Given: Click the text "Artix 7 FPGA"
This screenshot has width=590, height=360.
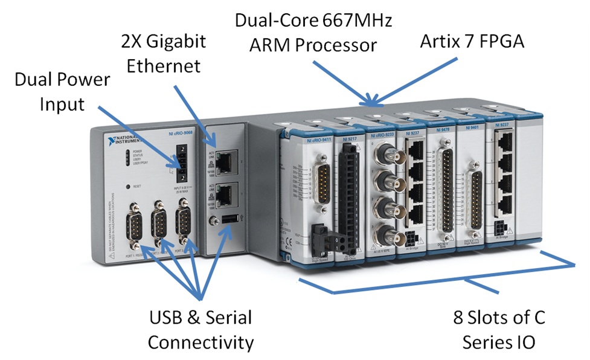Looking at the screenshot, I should pos(472,41).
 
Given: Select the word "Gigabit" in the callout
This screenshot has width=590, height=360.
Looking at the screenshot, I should pos(178,41).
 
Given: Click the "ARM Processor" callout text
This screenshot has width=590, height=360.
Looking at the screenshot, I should pos(314,45).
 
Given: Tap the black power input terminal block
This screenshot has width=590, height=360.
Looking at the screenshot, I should pos(180,162).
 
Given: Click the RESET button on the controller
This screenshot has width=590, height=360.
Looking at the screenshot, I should pos(127,187).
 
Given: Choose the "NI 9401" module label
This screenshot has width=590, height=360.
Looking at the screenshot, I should pos(472,128).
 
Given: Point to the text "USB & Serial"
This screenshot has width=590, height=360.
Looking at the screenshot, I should pos(200,317).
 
